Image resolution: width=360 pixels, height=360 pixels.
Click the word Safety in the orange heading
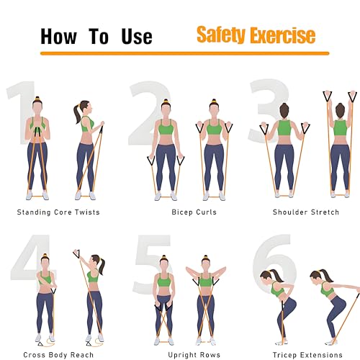click(x=222, y=35)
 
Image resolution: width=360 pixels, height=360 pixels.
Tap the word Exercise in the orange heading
click(x=283, y=35)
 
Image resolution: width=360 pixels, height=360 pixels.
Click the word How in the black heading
click(x=59, y=37)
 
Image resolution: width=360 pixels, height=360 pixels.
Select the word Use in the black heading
click(x=137, y=37)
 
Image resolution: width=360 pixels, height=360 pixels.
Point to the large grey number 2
click(x=150, y=113)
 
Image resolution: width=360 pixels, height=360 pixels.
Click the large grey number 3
click(x=269, y=111)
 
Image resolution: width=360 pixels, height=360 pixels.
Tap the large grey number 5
click(x=153, y=264)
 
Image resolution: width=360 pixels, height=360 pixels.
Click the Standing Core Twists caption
click(x=58, y=212)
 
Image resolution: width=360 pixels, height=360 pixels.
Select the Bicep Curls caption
click(x=194, y=212)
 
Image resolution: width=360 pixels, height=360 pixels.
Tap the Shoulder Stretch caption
click(x=306, y=212)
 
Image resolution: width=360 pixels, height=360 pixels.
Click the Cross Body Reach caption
click(x=58, y=355)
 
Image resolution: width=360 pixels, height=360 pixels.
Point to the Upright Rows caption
click(x=194, y=355)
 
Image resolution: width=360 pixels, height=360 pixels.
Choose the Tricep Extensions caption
click(x=307, y=355)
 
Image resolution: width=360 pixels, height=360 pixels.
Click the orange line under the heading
click(x=184, y=53)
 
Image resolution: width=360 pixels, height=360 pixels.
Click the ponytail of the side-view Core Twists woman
click(x=77, y=114)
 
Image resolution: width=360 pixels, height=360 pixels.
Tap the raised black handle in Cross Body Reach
click(x=76, y=254)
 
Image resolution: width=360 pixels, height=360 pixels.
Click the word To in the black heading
click(x=99, y=37)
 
